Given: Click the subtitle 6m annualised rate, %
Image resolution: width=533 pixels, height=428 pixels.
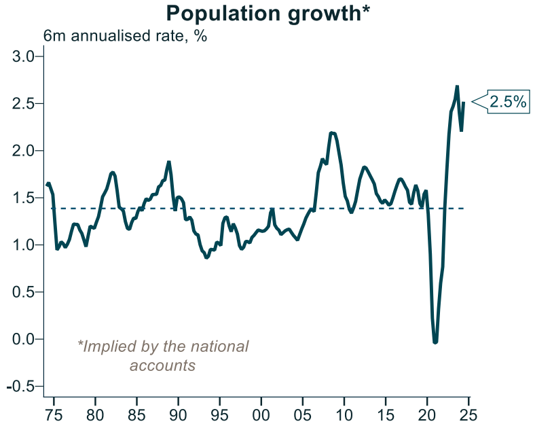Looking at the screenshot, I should coord(126,37).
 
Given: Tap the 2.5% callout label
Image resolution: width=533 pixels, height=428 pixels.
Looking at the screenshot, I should coord(508,102).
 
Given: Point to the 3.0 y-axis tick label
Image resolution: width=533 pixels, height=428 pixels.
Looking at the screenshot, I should coord(24,56).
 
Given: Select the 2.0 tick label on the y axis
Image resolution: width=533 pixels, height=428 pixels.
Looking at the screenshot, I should coord(24,151).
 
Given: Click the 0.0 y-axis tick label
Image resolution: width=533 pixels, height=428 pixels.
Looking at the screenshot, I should coord(24,339).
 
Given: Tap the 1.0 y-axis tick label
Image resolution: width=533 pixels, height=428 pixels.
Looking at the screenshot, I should coord(24,245).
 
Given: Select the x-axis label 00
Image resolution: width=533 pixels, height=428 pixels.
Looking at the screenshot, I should coord(261,414).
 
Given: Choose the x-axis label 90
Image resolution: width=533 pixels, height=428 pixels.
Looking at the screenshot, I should coord(178,414).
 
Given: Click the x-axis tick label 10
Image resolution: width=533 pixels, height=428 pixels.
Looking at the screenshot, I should coord(344,414).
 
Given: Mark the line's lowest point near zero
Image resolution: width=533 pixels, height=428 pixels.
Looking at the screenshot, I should coord(435,342).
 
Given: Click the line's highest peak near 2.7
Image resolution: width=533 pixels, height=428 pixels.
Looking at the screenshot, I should coord(457,86).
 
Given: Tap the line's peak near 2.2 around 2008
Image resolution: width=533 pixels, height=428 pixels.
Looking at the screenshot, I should coord(332,133).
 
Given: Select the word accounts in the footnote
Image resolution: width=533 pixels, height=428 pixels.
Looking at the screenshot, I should coord(162,365).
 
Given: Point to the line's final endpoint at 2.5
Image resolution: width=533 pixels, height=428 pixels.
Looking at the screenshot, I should coord(463,103).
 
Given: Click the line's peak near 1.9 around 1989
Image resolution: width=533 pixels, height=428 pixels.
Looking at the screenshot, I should coord(169,162).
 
